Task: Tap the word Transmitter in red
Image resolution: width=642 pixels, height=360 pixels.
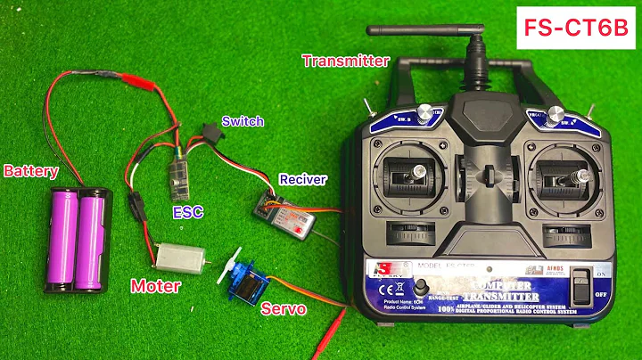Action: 345,61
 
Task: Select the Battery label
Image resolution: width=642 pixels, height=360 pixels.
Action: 31,170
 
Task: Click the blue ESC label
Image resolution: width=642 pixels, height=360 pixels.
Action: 187,212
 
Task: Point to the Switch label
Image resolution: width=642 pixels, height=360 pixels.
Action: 243,121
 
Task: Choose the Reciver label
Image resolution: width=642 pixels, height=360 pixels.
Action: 303,179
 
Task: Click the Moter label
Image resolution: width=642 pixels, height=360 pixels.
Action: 156,286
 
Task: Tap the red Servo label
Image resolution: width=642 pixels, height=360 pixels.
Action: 284,309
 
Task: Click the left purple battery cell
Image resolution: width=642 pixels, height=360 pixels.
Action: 64,240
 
